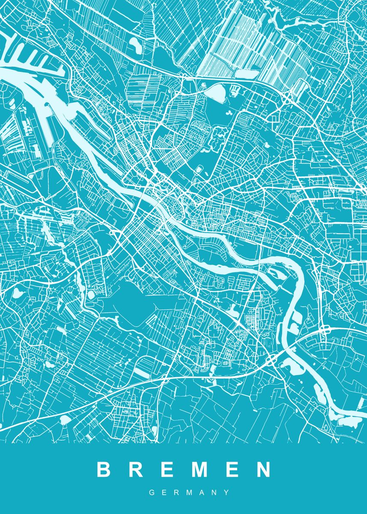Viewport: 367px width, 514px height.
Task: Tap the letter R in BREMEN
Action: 136,469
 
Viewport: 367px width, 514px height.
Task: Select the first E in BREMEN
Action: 167,469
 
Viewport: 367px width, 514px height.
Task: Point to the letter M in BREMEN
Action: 200,469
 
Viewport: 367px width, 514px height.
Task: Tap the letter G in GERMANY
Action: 152,493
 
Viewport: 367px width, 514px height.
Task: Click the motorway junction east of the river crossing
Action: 324,331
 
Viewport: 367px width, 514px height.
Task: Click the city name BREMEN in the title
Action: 184,469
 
